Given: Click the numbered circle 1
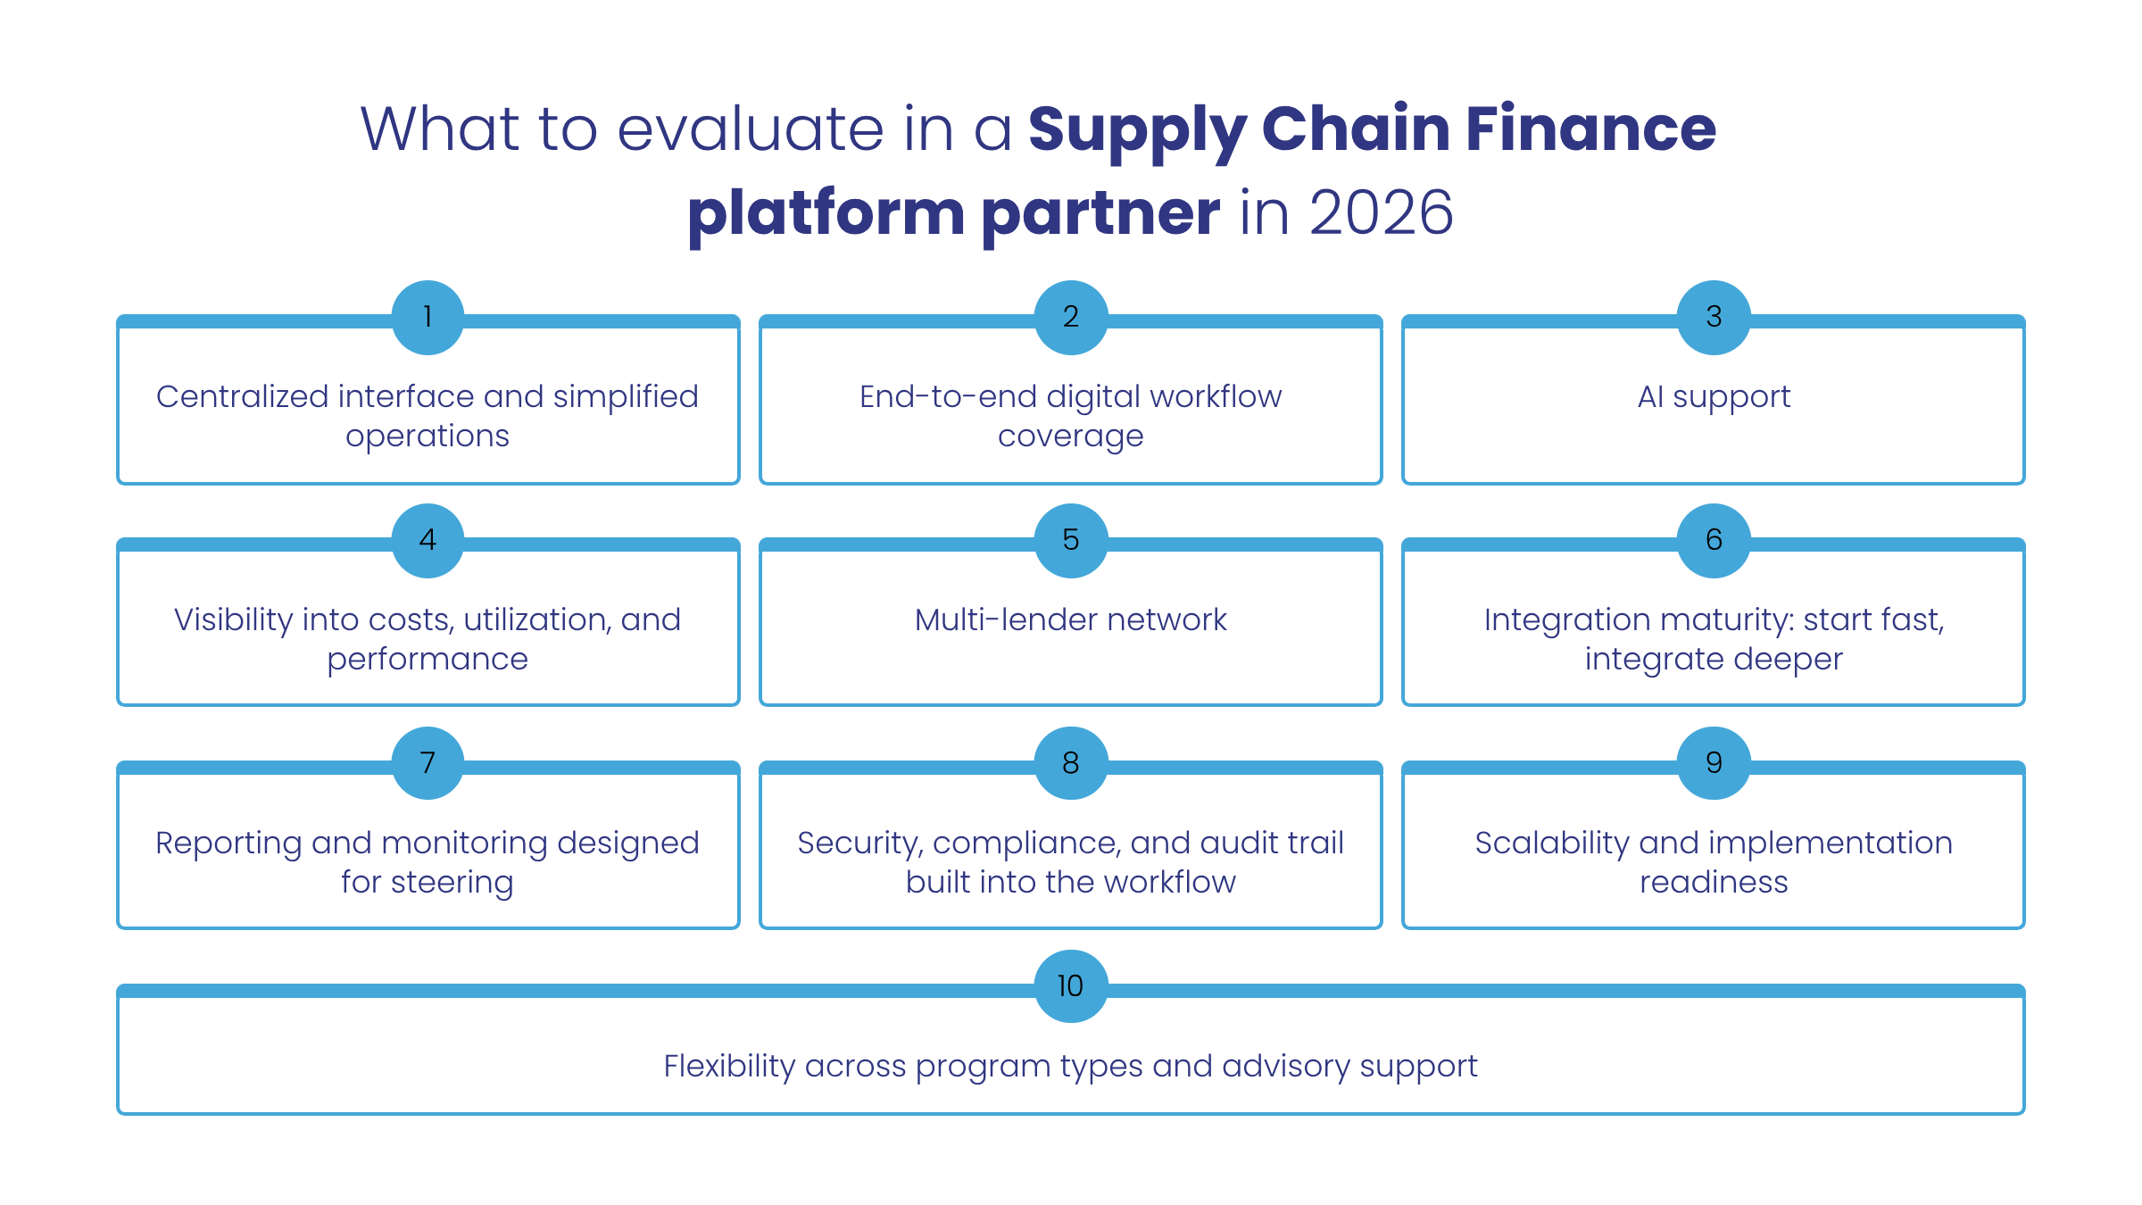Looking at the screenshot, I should click(428, 317).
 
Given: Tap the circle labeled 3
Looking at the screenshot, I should click(1714, 317).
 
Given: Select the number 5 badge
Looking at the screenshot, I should click(1071, 540).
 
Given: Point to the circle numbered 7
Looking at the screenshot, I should click(428, 763).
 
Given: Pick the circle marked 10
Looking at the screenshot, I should click(1071, 986).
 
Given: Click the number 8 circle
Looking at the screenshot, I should click(1071, 763).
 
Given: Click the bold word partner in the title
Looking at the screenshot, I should click(1100, 214).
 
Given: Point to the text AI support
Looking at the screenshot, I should click(1714, 396).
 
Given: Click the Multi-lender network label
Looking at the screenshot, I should click(1071, 619).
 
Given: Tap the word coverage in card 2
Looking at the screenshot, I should click(1071, 436).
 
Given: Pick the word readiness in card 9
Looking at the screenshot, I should click(1714, 883).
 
